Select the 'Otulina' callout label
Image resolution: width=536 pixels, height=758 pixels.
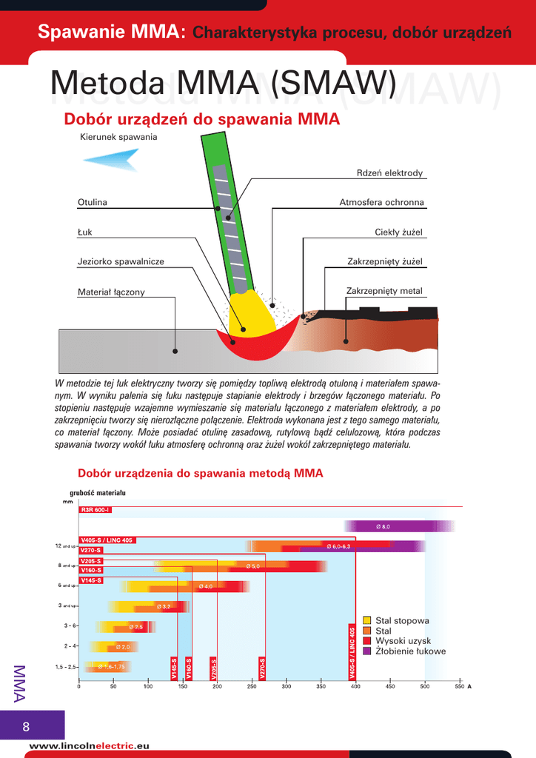93,203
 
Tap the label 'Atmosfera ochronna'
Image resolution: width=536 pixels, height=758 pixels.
381,203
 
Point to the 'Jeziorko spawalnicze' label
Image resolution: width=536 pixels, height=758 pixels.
121,261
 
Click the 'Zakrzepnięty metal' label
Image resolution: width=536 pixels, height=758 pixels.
384,291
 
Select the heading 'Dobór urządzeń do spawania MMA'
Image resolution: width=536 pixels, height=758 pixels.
201,119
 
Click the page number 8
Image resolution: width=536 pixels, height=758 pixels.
26,725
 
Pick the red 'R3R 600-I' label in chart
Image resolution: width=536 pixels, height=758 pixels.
96,510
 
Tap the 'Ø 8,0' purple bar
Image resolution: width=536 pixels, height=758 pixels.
383,526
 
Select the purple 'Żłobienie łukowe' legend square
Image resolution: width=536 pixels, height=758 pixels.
367,651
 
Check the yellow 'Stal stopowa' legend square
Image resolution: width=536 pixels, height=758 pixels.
367,620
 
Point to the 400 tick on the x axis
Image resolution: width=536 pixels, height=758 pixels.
355,686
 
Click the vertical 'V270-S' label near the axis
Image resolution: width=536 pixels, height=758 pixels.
261,668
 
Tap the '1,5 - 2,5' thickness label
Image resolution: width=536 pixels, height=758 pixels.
65,667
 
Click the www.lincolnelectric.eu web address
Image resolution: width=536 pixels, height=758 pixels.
89,745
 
